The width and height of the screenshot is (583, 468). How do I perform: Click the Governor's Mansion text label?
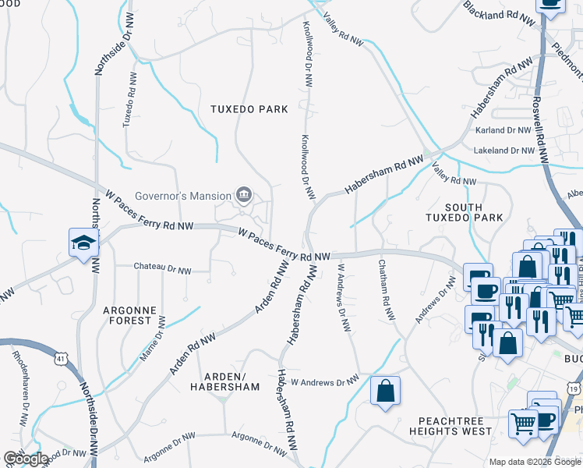(183, 195)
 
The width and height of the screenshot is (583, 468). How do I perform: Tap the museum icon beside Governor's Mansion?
(243, 194)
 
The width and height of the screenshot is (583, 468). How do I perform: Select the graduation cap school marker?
(82, 243)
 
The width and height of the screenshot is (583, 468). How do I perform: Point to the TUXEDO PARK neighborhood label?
(249, 109)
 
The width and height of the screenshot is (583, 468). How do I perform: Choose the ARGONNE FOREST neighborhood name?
(127, 315)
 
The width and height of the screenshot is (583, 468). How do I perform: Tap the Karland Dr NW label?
(501, 130)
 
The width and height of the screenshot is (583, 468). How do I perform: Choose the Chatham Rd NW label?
(384, 289)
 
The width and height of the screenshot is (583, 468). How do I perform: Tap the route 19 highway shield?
(574, 388)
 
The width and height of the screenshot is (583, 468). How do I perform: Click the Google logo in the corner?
(25, 459)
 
